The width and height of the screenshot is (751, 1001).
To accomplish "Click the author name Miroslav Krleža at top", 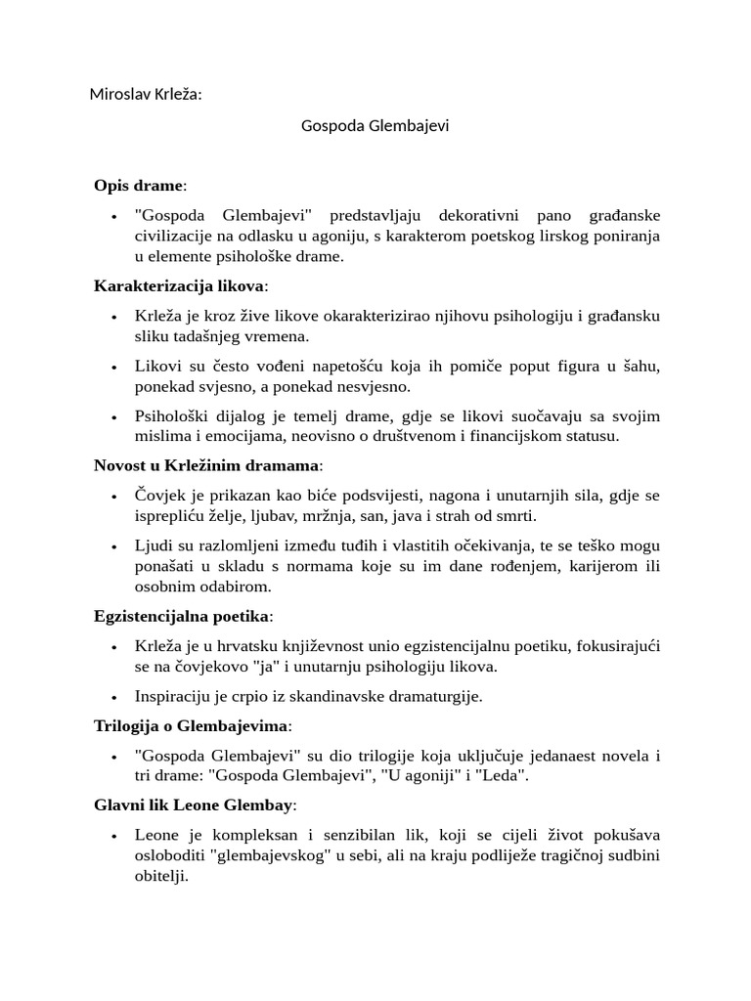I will pos(146,95).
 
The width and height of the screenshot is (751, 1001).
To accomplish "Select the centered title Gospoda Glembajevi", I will pos(375,126).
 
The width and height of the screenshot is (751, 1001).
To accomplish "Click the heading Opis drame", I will pos(139,185).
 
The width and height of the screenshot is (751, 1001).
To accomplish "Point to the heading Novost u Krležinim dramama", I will pos(207,464).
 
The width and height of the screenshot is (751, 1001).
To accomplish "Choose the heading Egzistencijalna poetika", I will pos(183,616).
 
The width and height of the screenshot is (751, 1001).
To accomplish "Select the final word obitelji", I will pos(159,877).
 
